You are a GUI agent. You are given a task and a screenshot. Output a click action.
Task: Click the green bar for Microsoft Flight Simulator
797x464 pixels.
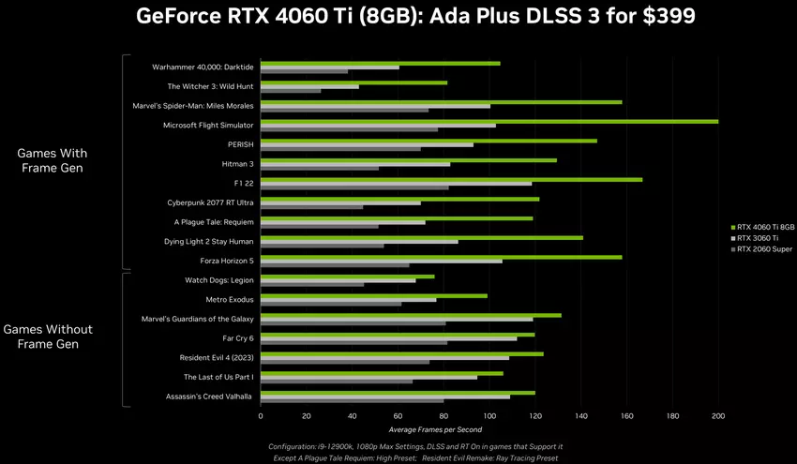pos(488,121)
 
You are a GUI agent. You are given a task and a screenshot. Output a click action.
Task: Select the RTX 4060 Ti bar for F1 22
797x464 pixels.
pos(450,179)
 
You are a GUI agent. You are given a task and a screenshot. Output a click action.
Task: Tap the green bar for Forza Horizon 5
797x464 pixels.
pos(441,256)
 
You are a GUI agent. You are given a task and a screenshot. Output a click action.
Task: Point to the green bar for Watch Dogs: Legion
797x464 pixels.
pos(347,276)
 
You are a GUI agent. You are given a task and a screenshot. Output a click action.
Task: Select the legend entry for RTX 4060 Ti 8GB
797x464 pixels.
pos(765,227)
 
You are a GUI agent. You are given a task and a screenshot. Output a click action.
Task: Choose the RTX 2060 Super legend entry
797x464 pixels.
pos(764,249)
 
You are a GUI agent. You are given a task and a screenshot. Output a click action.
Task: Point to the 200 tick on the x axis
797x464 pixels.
pos(718,415)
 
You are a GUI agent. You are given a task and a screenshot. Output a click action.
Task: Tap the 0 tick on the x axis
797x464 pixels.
pos(261,415)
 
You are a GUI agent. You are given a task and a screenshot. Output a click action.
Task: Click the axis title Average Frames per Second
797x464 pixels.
pos(489,428)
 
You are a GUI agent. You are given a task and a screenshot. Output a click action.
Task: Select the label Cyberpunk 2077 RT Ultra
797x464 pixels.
pos(208,202)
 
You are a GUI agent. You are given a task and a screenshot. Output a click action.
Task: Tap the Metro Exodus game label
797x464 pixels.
pos(230,299)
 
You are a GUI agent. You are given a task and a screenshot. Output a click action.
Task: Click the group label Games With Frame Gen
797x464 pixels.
pos(53,160)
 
